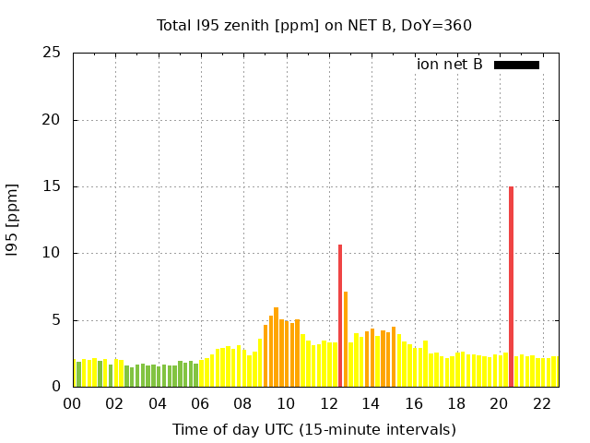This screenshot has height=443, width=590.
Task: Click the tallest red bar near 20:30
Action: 511,286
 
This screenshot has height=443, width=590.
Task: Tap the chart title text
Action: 314,25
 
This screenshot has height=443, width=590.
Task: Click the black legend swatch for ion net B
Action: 516,65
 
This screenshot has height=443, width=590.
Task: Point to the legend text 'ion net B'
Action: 450,65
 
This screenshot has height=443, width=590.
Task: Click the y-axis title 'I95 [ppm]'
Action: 13,220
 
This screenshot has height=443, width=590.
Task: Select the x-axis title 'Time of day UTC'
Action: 314,429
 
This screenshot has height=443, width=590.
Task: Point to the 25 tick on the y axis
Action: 52,53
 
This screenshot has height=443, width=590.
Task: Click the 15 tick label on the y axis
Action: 52,186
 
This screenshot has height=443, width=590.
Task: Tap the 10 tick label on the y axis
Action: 52,253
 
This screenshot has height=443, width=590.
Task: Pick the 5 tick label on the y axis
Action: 56,320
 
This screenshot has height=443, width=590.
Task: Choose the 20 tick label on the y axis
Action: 52,120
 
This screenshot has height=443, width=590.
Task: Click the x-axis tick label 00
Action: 72,403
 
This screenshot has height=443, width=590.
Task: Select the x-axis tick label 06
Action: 200,403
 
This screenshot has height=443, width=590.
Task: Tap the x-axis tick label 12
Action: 328,403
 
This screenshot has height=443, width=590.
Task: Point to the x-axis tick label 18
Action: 456,403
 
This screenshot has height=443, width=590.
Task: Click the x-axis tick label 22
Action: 541,403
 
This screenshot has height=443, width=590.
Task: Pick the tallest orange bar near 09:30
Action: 276,347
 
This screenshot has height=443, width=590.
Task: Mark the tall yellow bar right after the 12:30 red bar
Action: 346,339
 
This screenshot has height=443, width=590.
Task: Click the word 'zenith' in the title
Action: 241,25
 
